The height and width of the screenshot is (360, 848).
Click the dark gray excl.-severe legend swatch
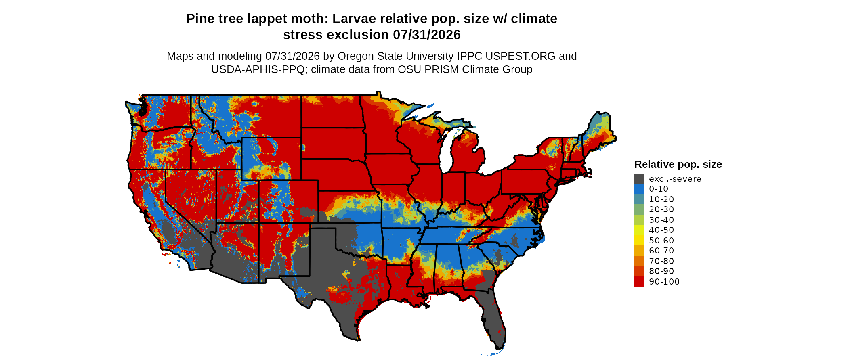639,179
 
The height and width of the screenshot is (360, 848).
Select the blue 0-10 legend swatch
639,189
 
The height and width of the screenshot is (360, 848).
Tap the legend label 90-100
664,282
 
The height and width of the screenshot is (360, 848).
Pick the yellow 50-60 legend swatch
639,241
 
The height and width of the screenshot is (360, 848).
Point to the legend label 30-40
661,220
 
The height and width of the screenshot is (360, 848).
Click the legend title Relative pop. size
678,164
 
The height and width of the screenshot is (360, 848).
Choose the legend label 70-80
661,261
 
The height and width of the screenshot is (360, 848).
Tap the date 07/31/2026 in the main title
427,35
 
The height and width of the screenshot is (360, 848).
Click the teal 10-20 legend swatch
639,199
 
